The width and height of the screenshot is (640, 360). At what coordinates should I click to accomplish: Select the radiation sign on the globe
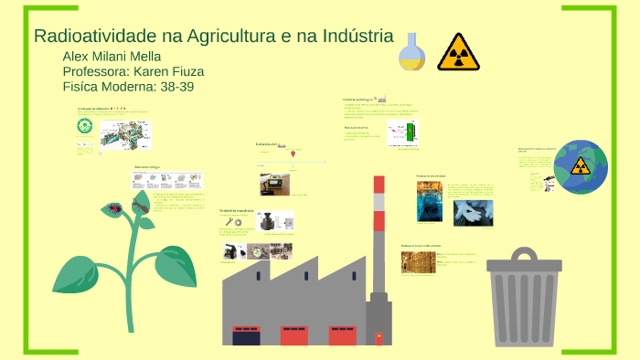point(581,165)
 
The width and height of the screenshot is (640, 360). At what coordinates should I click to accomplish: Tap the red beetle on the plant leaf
point(116,208)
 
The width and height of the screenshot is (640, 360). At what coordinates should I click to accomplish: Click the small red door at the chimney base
point(379,339)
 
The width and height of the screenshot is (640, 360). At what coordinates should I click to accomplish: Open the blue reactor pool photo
point(429,202)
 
